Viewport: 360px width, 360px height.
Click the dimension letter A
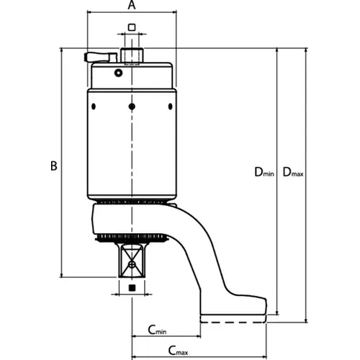click(x=132, y=5)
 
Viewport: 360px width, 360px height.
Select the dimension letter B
click(x=54, y=166)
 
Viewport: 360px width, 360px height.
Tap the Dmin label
click(x=264, y=172)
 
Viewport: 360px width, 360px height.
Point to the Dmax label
click(x=293, y=172)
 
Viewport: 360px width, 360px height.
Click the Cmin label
click(x=157, y=330)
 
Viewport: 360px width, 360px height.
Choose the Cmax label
click(x=178, y=351)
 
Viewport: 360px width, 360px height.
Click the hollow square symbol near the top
click(x=132, y=27)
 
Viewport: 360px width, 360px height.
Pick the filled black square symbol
click(x=132, y=288)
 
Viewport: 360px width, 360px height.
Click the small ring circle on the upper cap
click(x=118, y=73)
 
